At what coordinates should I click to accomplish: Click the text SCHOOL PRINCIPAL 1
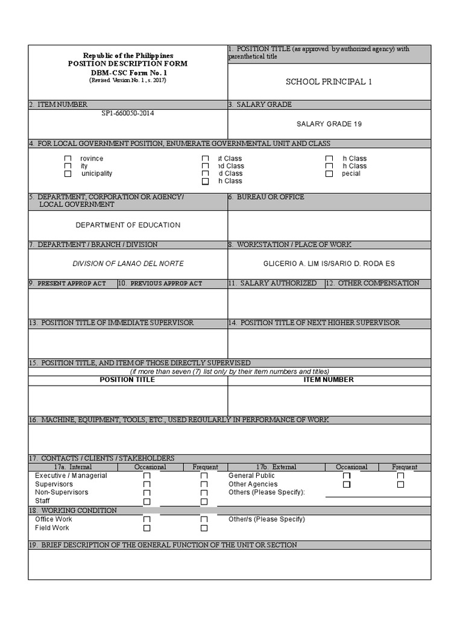coord(329,82)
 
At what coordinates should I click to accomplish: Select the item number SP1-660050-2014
coord(128,113)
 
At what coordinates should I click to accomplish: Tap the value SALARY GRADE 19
coord(329,124)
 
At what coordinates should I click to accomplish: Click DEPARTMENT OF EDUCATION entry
coord(128,225)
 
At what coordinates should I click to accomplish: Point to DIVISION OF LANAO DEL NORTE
coord(128,264)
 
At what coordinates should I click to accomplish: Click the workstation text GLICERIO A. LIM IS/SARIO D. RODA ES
coord(329,264)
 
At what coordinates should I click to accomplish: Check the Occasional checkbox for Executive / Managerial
coord(147,476)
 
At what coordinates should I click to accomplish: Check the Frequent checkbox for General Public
coord(401,476)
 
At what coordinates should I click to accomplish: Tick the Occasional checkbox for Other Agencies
coord(347,485)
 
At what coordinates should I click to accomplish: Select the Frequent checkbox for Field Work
coord(204,528)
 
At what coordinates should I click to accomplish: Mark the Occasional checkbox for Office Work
coord(147,520)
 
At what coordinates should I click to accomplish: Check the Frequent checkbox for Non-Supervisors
coord(204,493)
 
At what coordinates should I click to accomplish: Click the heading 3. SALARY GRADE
coord(260,105)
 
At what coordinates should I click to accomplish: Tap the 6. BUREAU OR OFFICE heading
coord(266,197)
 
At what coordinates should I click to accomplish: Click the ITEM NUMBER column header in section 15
coord(329,380)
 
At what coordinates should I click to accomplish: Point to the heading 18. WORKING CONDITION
coord(73,511)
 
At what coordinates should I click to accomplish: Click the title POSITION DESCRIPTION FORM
coord(128,64)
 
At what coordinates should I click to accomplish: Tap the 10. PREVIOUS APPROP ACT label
coord(160,284)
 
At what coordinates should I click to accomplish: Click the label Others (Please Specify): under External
coord(267,492)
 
